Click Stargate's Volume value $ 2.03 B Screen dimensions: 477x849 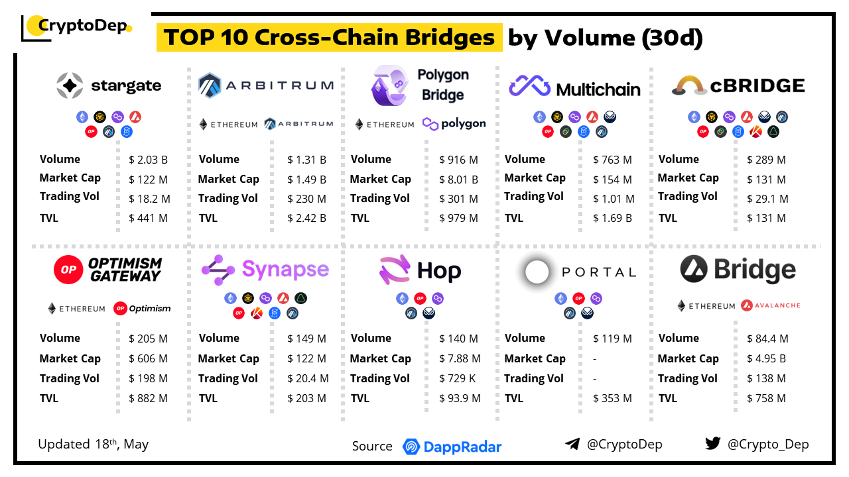coord(149,160)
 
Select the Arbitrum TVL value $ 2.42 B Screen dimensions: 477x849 coord(306,218)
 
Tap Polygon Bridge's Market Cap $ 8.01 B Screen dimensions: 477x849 coord(458,180)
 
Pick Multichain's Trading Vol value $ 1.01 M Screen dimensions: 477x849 coord(614,199)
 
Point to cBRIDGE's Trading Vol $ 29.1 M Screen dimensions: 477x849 coord(767,199)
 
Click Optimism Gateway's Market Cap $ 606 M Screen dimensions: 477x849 coord(149,358)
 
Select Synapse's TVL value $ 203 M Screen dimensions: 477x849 coord(306,398)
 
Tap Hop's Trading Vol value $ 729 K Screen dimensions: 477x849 coord(458,378)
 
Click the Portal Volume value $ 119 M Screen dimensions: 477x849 coord(612,339)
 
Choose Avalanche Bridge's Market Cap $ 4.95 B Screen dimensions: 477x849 coord(766,358)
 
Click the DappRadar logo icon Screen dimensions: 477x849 coord(411,447)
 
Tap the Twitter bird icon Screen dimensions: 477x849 coord(712,444)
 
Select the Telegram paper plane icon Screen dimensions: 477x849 coord(572,445)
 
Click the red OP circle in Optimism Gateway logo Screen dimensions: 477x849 coord(68,270)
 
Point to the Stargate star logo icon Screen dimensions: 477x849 coord(70,85)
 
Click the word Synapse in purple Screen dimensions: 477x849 coord(285,269)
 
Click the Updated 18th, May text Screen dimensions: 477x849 coord(93,444)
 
